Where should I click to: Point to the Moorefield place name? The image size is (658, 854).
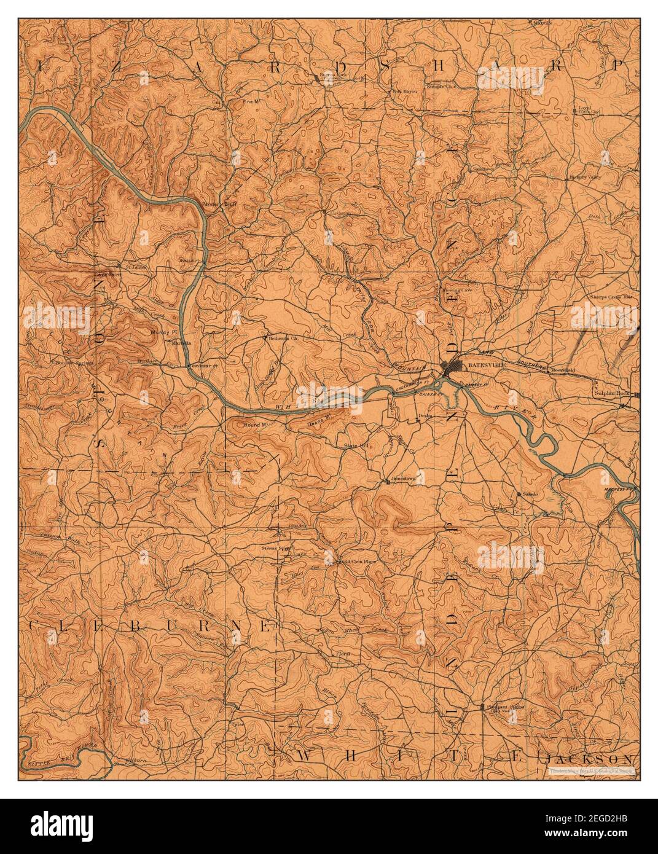(562, 371)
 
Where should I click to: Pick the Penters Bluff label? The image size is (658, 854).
(220, 204)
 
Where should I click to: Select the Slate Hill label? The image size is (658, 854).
(356, 444)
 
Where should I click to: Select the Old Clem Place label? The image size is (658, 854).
(358, 561)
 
